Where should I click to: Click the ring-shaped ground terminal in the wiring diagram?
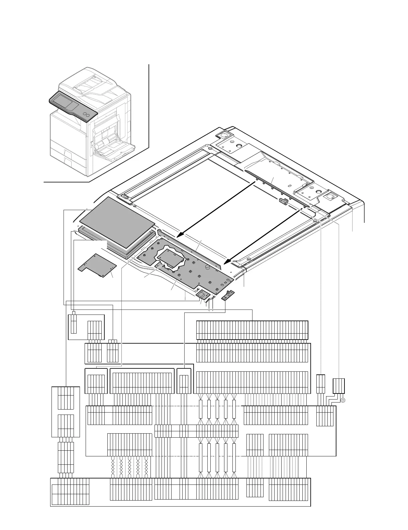(x=342, y=401)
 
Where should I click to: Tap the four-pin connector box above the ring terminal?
(x=339, y=385)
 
